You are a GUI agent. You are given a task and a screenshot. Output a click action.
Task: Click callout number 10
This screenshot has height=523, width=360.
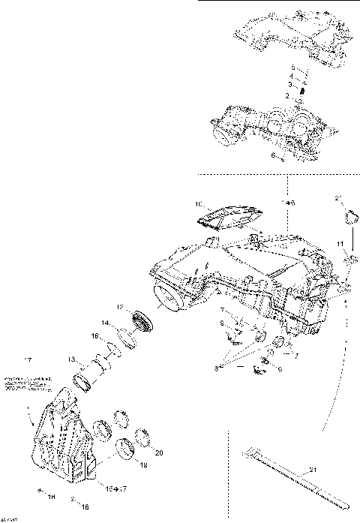[199, 203]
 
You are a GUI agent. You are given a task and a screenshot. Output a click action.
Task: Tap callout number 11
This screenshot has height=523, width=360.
[340, 245]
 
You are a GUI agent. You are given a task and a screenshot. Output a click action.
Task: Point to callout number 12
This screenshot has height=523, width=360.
[119, 307]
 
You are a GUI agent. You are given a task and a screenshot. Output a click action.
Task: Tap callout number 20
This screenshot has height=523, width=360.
[158, 452]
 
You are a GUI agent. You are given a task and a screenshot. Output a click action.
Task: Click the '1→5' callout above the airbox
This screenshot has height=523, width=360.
[289, 203]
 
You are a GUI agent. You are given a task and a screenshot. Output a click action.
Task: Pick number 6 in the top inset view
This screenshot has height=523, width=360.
[274, 156]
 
